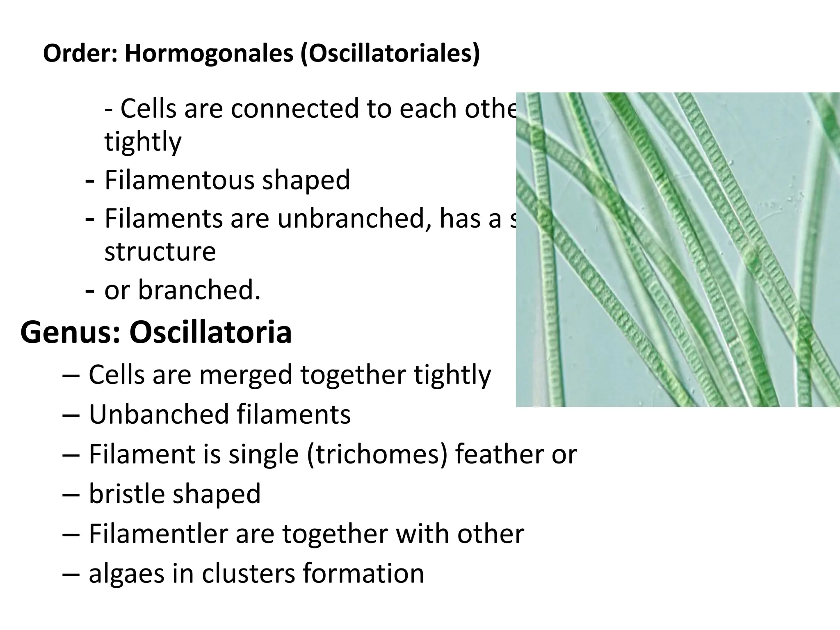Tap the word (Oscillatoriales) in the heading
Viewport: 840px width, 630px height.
tap(390, 54)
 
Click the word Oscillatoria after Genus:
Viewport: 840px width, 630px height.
tap(210, 332)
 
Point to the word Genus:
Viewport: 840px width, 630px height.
tap(70, 333)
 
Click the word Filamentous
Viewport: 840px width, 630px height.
tap(179, 180)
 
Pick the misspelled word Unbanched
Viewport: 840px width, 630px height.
tap(158, 414)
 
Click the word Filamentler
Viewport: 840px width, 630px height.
tap(158, 534)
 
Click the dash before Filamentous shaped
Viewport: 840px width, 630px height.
tap(89, 180)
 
